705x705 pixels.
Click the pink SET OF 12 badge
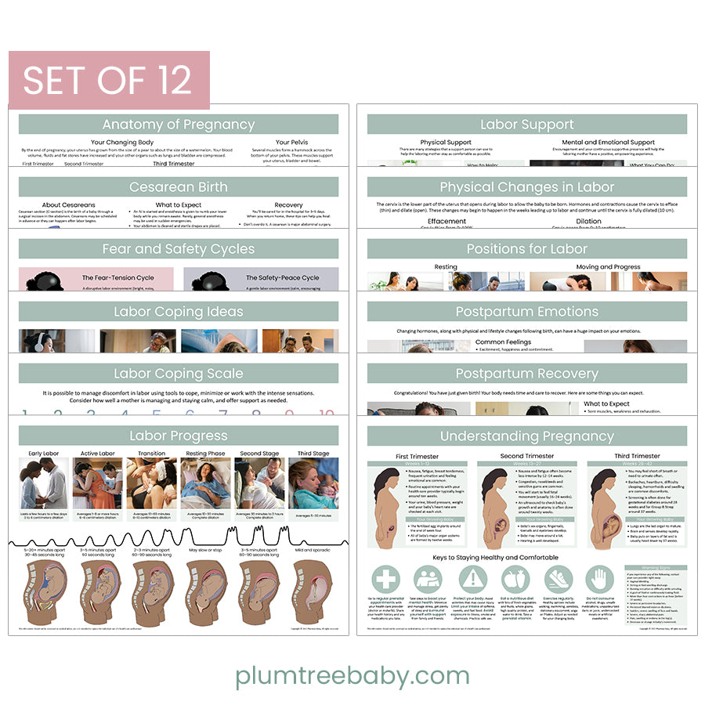pyautogui.click(x=108, y=79)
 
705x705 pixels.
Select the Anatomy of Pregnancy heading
pyautogui.click(x=179, y=125)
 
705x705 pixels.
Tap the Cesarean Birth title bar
pyautogui.click(x=179, y=187)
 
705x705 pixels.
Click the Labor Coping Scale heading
pyautogui.click(x=179, y=374)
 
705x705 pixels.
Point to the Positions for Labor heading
pyautogui.click(x=526, y=249)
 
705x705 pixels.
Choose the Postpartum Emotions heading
pyautogui.click(x=526, y=312)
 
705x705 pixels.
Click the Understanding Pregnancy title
pyautogui.click(x=526, y=436)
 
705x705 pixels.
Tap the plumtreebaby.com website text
pyautogui.click(x=352, y=675)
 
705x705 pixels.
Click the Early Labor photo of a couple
pyautogui.click(x=44, y=483)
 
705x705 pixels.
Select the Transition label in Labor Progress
pyautogui.click(x=151, y=454)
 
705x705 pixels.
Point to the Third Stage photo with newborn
pyautogui.click(x=313, y=483)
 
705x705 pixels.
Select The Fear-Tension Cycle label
pyautogui.click(x=117, y=278)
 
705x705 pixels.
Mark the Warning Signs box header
pyautogui.click(x=656, y=568)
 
